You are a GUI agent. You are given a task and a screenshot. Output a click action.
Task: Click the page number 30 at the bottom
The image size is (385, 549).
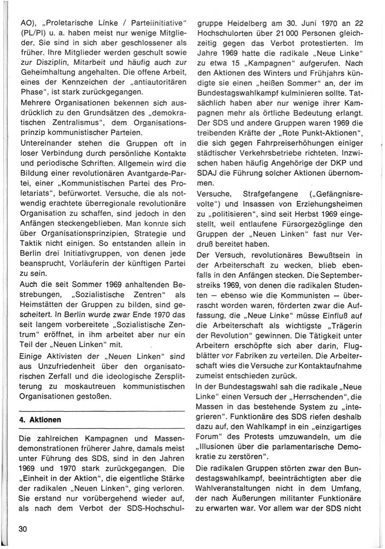click(x=23, y=529)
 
